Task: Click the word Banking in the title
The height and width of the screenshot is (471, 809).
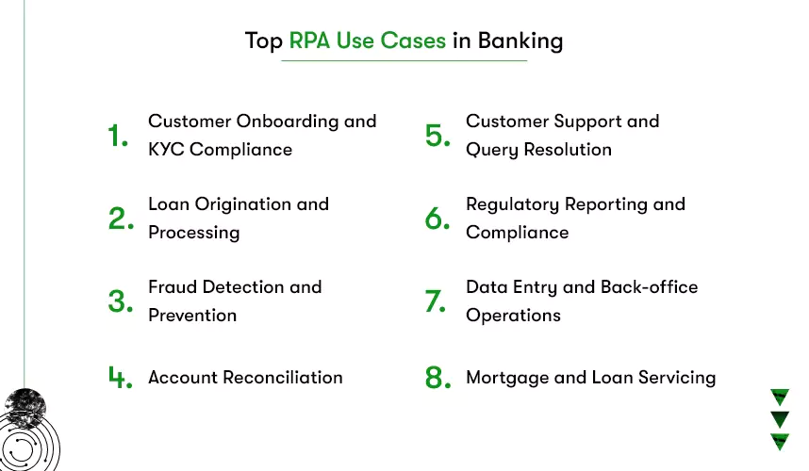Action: pyautogui.click(x=520, y=41)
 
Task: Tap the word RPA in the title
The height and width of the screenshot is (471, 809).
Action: pyautogui.click(x=309, y=41)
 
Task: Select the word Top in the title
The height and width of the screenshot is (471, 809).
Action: pyautogui.click(x=264, y=41)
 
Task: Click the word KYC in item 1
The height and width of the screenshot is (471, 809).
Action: pyautogui.click(x=166, y=150)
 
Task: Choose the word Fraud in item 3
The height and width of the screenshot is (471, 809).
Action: pyautogui.click(x=173, y=287)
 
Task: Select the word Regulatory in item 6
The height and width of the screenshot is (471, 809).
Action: pyautogui.click(x=512, y=204)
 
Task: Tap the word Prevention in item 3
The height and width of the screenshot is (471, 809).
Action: pyautogui.click(x=192, y=316)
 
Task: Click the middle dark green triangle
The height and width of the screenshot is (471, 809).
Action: pyautogui.click(x=780, y=418)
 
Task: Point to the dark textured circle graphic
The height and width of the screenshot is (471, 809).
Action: pyautogui.click(x=25, y=408)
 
